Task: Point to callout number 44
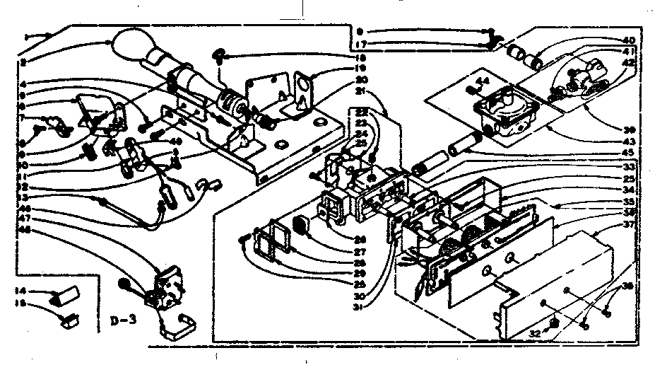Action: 485,81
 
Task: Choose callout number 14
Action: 21,291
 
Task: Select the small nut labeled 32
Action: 555,323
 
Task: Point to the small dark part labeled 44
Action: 472,89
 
